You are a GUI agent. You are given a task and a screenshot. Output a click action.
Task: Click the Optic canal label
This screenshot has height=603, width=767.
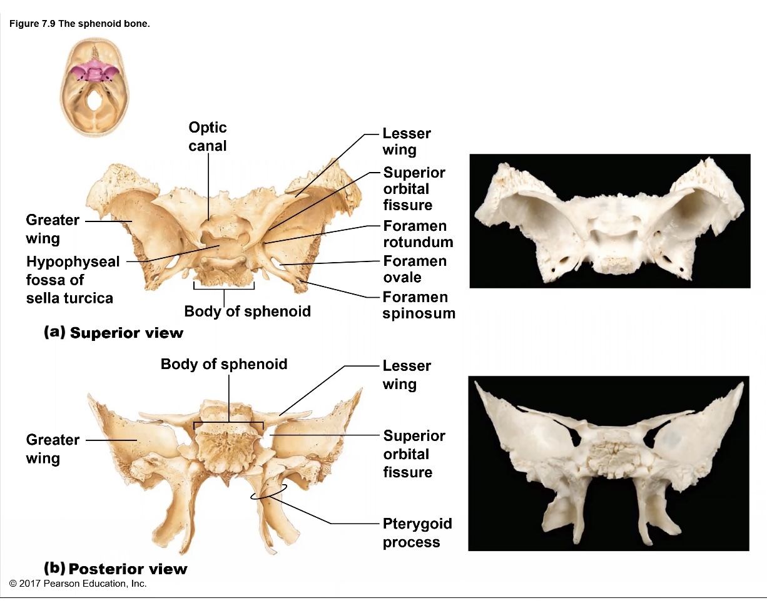(x=208, y=136)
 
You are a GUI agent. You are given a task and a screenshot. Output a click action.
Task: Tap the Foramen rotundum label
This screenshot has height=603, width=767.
(x=417, y=233)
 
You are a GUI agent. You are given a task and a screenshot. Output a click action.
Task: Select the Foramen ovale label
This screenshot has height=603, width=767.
(x=414, y=269)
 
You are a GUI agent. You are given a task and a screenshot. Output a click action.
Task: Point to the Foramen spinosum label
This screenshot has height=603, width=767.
(x=418, y=305)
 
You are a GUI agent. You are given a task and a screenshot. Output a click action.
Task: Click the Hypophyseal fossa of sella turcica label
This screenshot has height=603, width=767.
(x=72, y=280)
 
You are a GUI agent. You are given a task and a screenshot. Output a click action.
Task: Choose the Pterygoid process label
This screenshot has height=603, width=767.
(x=417, y=532)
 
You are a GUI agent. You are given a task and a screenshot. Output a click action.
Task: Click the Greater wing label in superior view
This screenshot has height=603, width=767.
(x=52, y=229)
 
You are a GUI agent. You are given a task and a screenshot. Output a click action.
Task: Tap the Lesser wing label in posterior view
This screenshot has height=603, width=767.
(x=407, y=374)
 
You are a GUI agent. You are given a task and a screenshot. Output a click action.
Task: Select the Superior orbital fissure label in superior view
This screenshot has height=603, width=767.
(x=414, y=188)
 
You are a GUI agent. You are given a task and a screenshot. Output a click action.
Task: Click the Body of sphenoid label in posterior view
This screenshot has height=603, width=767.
(x=224, y=364)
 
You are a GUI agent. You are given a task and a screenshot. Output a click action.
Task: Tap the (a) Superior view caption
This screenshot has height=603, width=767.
(x=113, y=332)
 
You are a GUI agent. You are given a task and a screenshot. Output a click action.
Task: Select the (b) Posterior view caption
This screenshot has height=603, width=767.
(x=115, y=568)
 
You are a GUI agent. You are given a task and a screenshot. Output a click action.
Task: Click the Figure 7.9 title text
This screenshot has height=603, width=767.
(x=79, y=24)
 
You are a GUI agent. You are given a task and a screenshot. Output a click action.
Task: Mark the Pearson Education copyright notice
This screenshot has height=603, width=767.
(x=78, y=584)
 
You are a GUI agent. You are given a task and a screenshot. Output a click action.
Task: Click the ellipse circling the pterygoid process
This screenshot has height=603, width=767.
(x=269, y=492)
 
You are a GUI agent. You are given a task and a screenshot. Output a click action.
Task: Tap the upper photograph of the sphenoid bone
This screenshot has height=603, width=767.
(x=609, y=221)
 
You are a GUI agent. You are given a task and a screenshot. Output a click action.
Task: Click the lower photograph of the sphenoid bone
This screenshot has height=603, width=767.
(x=608, y=463)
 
